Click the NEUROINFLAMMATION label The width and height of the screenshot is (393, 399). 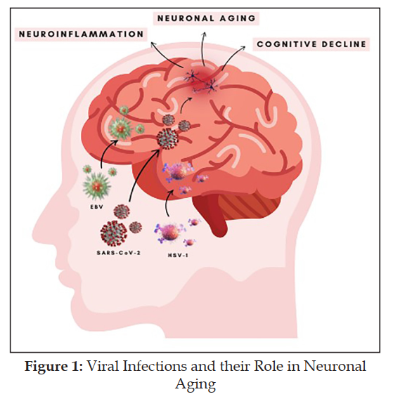pyautogui.click(x=82, y=34)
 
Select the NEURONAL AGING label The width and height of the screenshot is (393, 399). pyautogui.click(x=206, y=18)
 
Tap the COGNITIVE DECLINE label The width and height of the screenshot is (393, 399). pyautogui.click(x=311, y=44)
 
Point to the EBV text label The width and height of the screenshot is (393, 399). pyautogui.click(x=97, y=207)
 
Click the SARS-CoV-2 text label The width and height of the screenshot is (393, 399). pyautogui.click(x=119, y=253)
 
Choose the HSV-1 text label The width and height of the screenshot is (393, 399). pyautogui.click(x=178, y=255)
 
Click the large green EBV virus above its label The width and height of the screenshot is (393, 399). pyautogui.click(x=97, y=185)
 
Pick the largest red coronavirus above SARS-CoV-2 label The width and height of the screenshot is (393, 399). pyautogui.click(x=114, y=233)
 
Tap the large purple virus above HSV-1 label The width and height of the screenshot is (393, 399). pyautogui.click(x=169, y=233)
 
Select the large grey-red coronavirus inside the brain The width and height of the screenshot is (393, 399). pyautogui.click(x=168, y=138)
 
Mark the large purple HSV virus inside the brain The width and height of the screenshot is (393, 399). pyautogui.click(x=178, y=170)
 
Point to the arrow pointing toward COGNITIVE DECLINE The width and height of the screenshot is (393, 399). pyautogui.click(x=231, y=55)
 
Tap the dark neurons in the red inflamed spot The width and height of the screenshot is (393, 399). pyautogui.click(x=200, y=82)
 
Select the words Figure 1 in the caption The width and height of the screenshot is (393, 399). pyautogui.click(x=53, y=367)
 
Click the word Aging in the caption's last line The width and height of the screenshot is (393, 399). pyautogui.click(x=195, y=384)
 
